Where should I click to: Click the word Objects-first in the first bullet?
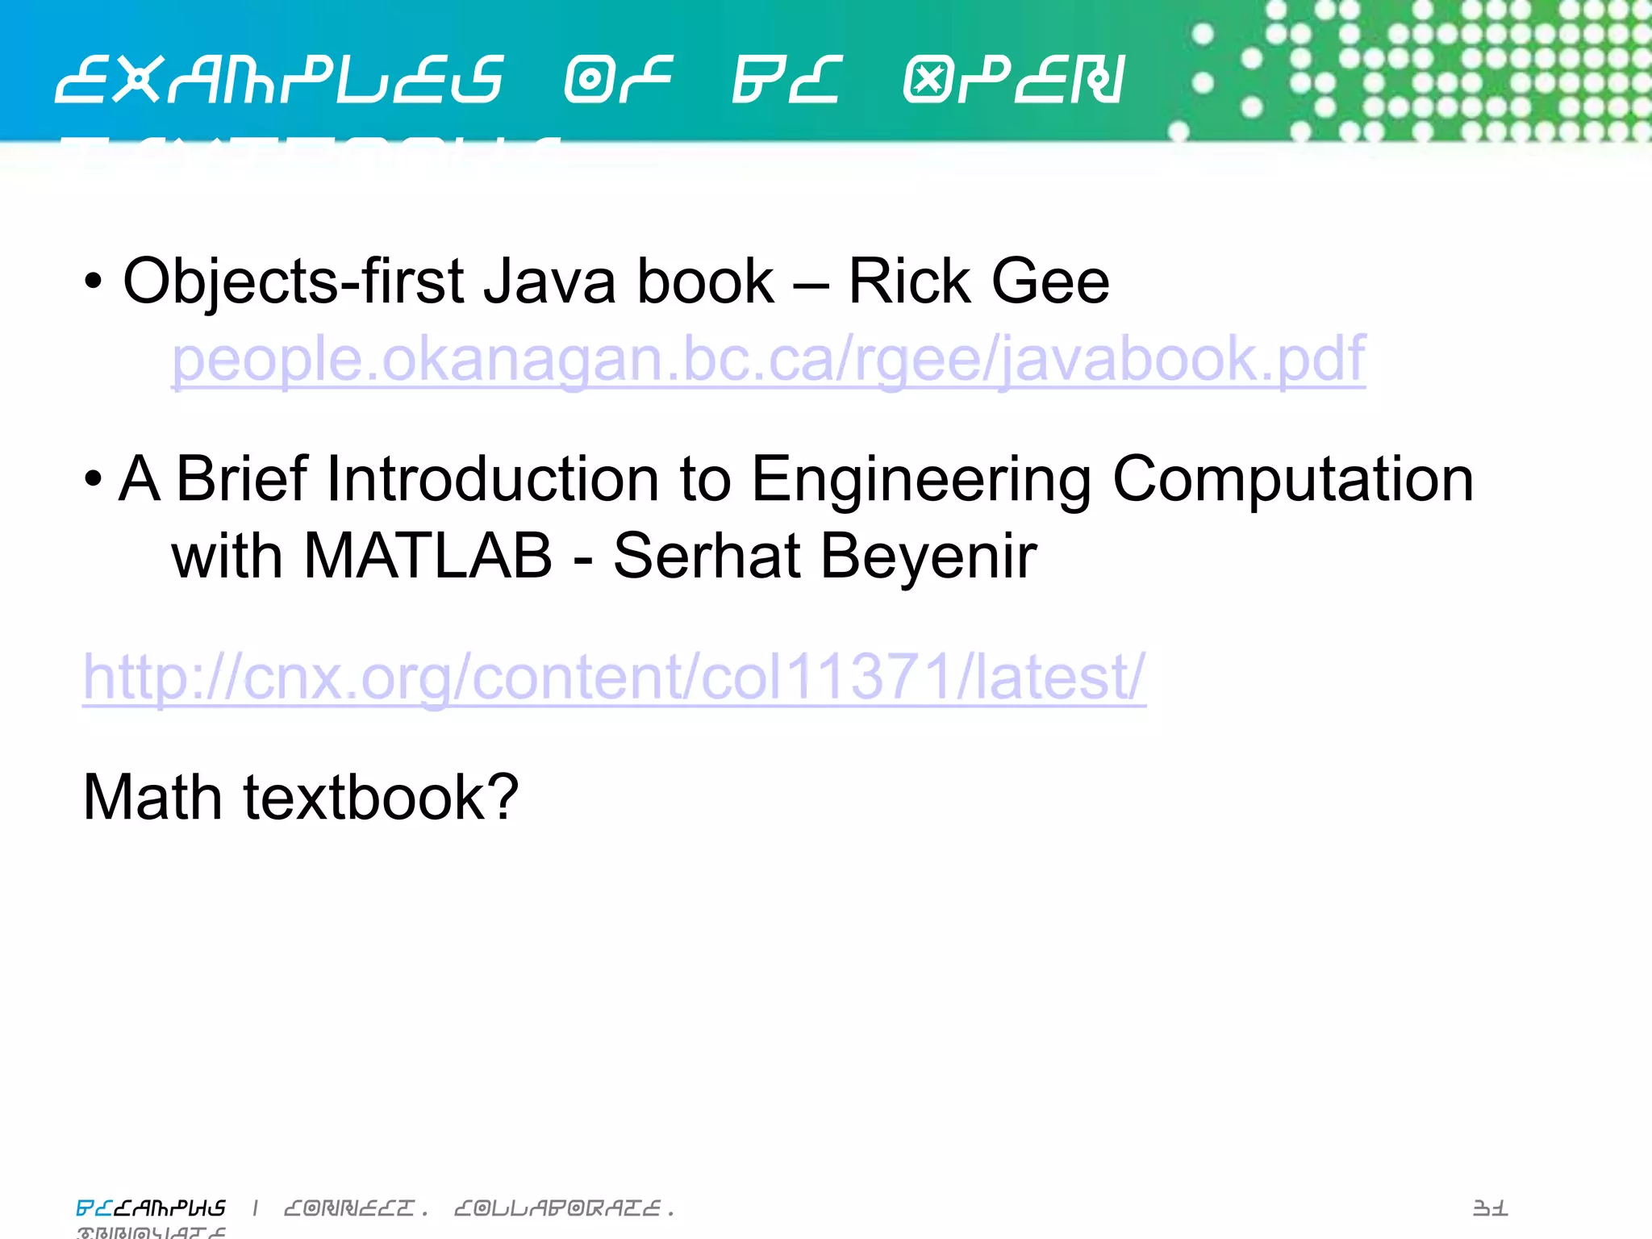(294, 282)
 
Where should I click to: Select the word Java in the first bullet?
(549, 282)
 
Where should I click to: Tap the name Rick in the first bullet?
(909, 282)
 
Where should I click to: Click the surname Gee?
(1050, 282)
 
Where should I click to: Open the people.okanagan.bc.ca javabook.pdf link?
(768, 360)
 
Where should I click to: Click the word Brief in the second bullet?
(242, 479)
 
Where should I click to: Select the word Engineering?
(921, 481)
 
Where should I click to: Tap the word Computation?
(1293, 481)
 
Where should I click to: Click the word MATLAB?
(428, 557)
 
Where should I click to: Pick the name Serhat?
(707, 557)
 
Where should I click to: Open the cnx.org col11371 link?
(614, 678)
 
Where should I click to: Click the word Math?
(152, 797)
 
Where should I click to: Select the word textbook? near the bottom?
(381, 797)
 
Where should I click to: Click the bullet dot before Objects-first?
(94, 282)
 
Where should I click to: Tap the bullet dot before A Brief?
(94, 479)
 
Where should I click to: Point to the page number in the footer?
(1490, 1208)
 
